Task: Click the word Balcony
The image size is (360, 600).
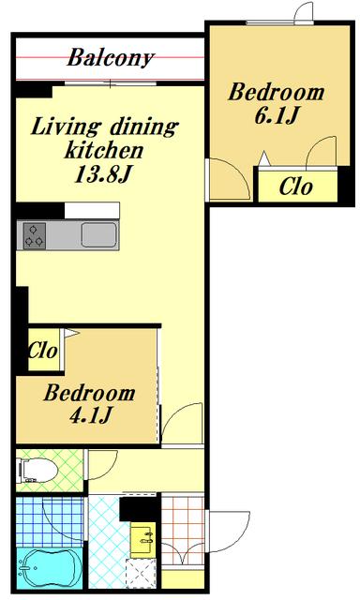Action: tap(111, 58)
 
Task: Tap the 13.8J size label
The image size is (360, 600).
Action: tap(103, 175)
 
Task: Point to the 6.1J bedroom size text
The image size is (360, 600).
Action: tap(277, 115)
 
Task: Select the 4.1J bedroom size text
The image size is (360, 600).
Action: tap(91, 415)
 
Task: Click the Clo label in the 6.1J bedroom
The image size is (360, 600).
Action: tap(295, 187)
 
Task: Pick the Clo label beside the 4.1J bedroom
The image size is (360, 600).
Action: tap(43, 350)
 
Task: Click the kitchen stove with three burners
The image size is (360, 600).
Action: tap(35, 235)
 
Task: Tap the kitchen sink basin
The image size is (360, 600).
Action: tap(98, 235)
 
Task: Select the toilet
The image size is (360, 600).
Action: tap(38, 471)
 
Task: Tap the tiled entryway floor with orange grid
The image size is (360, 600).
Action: tap(183, 531)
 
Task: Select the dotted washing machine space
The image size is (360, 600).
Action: tap(142, 573)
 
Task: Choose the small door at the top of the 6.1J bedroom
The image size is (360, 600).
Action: tap(305, 13)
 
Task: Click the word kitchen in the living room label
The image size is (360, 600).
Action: tap(104, 150)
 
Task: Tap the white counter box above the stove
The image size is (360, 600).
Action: tap(92, 211)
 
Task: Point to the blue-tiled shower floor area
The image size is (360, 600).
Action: tap(50, 522)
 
